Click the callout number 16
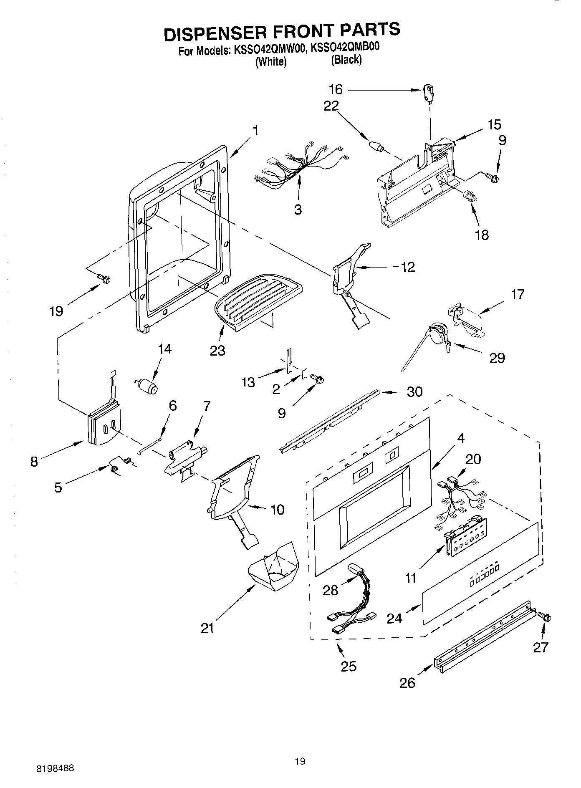(336, 89)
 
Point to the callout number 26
(407, 683)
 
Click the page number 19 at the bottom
(300, 773)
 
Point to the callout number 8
(34, 461)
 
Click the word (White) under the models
(271, 61)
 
